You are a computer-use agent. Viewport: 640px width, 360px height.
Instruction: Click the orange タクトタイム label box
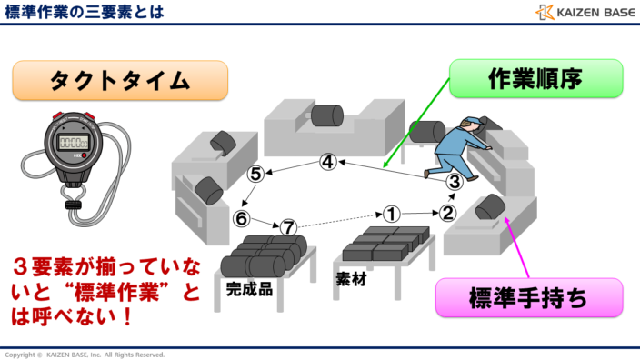pyautogui.click(x=119, y=80)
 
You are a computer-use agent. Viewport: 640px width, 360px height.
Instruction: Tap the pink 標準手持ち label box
pyautogui.click(x=529, y=297)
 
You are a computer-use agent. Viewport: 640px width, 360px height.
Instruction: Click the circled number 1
pyautogui.click(x=391, y=214)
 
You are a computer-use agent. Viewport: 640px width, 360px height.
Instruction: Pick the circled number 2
pyautogui.click(x=447, y=214)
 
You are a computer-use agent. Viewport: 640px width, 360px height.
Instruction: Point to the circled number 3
pyautogui.click(x=455, y=181)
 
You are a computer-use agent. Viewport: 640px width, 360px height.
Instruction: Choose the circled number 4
pyautogui.click(x=328, y=163)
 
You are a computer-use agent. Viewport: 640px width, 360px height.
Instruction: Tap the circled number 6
pyautogui.click(x=241, y=218)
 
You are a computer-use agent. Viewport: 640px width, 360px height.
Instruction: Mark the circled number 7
pyautogui.click(x=288, y=226)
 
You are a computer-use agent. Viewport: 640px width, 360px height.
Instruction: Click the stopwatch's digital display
pyautogui.click(x=73, y=143)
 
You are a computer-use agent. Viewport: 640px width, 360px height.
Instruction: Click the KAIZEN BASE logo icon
pyautogui.click(x=545, y=12)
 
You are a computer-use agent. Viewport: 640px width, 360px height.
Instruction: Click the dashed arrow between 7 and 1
pyautogui.click(x=339, y=221)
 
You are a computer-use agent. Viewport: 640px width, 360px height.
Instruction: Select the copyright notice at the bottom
pyautogui.click(x=85, y=354)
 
